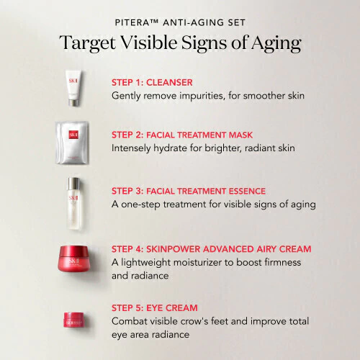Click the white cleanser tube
73,88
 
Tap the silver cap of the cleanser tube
73,102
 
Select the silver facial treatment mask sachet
72,143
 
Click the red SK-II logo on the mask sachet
73,135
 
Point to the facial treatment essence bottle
74,204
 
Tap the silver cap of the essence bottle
73,184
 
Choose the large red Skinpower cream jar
74,258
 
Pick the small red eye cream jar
74,320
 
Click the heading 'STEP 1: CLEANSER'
152,83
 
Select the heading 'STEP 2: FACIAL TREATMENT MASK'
182,135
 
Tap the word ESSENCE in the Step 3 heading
247,191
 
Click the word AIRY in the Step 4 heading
266,249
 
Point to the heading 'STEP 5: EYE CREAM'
155,308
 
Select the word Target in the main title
88,43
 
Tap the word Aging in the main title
276,43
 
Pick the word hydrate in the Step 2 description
171,148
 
